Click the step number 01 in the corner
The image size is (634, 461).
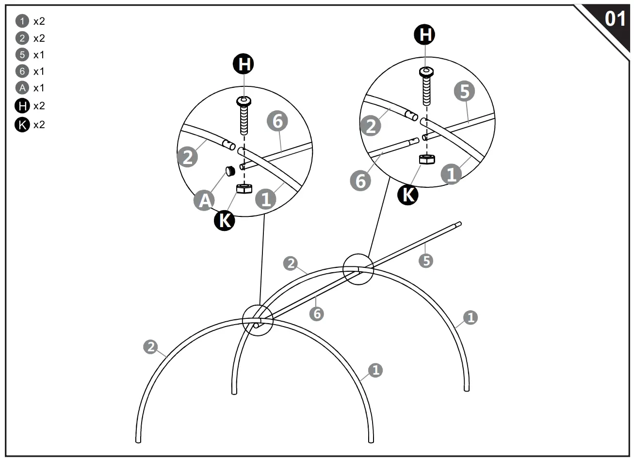point(615,19)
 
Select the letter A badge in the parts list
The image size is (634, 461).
point(22,88)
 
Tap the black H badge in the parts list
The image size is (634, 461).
point(22,105)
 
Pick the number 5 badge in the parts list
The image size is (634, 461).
point(22,55)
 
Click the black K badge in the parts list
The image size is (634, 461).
point(22,125)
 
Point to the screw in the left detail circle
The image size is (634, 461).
point(244,116)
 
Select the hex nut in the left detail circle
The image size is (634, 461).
point(244,188)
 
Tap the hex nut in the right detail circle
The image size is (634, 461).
point(426,159)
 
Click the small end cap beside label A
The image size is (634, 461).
point(230,170)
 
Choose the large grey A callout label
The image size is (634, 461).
point(205,200)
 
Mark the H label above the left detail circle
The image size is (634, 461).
point(244,64)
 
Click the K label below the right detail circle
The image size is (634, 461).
point(408,195)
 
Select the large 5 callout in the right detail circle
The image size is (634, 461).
point(464,91)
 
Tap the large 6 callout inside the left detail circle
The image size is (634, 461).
point(277,121)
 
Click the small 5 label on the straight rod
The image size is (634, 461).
point(425,261)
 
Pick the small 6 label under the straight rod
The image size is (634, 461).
point(317,313)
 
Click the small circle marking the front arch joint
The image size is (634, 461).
point(258,321)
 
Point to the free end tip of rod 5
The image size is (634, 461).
point(458,224)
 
